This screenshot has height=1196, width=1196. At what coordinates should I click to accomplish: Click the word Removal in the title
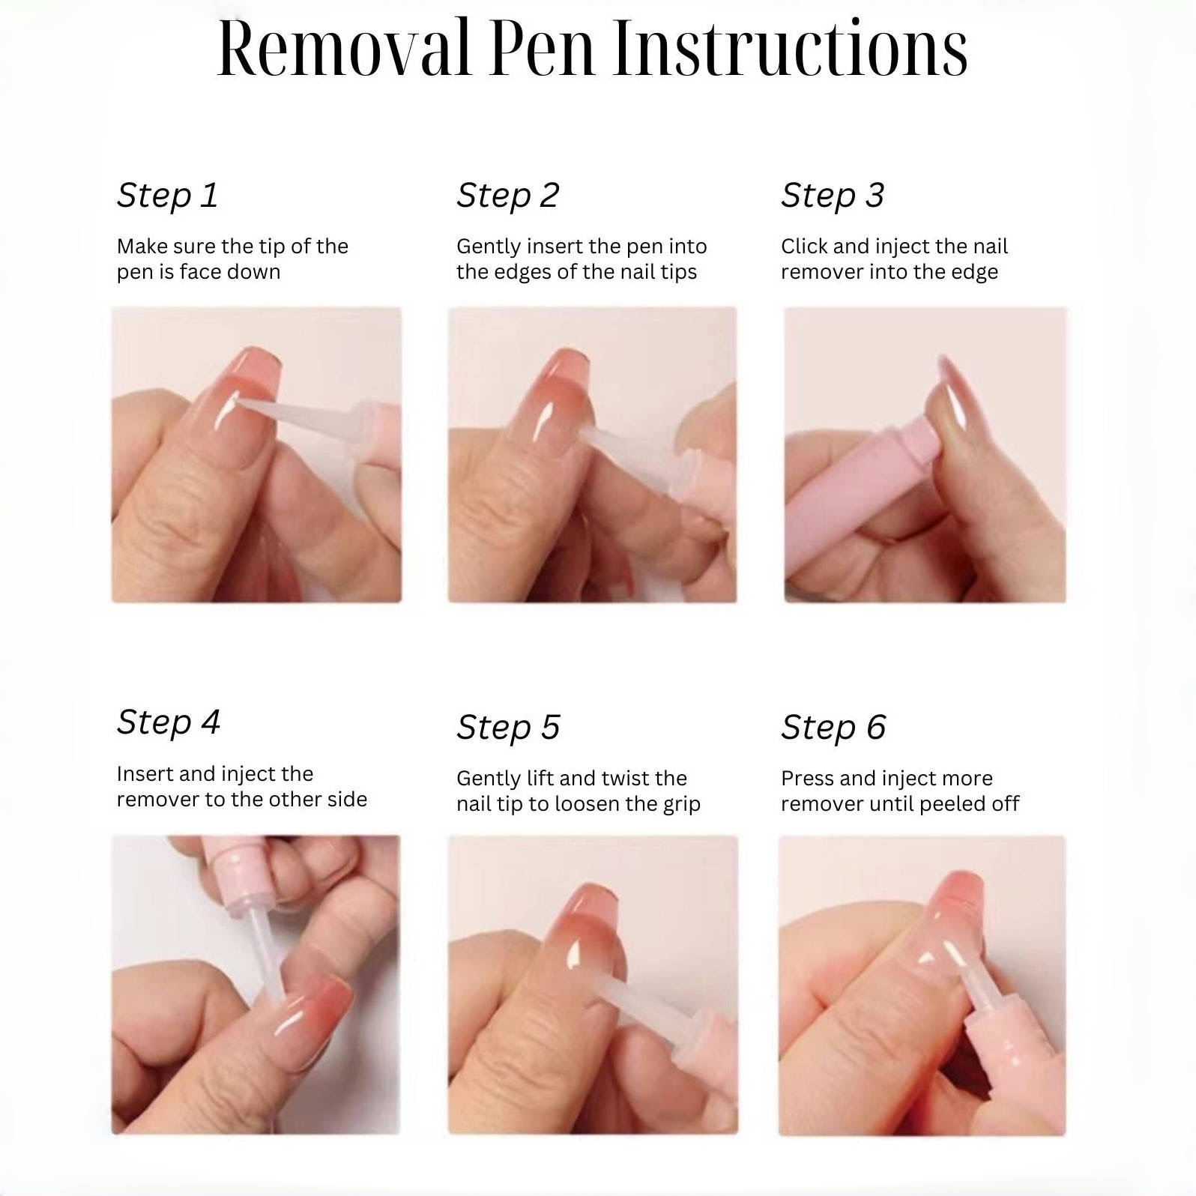pos(344,49)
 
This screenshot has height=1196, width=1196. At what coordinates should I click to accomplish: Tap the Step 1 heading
pos(167,196)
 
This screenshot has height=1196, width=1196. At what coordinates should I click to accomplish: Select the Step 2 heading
pos(508,196)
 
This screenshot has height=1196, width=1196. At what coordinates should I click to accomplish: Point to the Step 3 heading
pos(833,196)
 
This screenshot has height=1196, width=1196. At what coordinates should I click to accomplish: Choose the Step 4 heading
pos(169,722)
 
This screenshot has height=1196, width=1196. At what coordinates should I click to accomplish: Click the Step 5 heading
pos(509,727)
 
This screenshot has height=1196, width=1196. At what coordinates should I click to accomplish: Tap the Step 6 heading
pos(833,727)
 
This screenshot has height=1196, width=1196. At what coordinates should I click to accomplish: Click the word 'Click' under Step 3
pos(804,247)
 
